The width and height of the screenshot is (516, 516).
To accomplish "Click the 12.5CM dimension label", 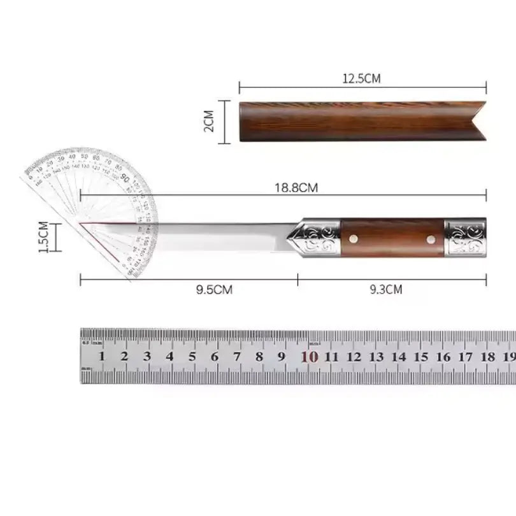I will click(362, 79).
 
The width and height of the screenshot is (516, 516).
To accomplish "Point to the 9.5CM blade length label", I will click(213, 289).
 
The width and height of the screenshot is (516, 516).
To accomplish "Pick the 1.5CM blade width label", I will click(44, 237).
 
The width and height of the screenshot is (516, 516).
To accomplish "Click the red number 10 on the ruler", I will click(309, 357).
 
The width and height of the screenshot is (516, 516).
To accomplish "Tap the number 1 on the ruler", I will click(101, 357).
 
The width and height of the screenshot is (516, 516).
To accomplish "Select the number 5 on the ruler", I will click(192, 357).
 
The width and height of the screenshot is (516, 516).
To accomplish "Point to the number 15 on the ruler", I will click(422, 357).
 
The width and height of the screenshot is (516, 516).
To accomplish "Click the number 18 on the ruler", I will click(489, 357).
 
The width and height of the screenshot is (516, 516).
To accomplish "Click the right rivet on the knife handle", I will click(431, 240).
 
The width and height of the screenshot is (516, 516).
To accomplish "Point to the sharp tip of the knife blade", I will click(82, 224).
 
